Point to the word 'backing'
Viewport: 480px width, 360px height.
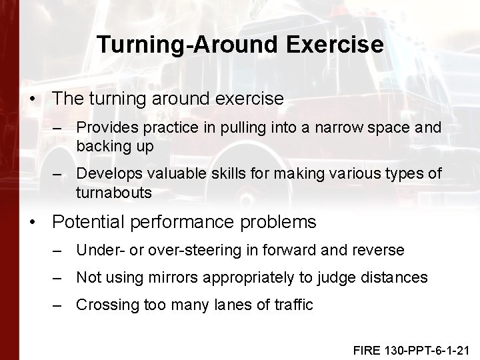(x=102, y=146)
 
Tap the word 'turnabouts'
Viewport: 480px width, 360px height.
(x=114, y=193)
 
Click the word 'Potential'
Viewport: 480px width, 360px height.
(x=89, y=221)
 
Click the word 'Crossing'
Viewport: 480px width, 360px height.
(x=105, y=305)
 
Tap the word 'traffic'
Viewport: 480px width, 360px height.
(x=291, y=305)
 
